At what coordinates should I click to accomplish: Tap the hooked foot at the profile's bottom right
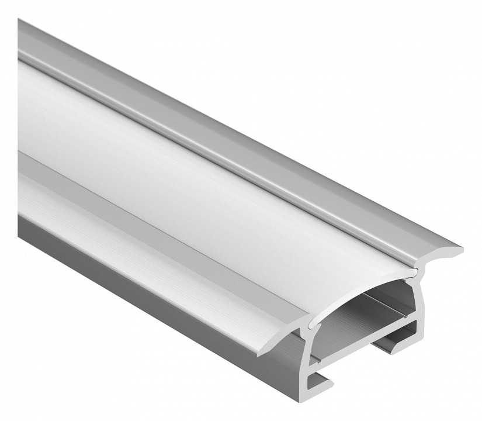[403, 343]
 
